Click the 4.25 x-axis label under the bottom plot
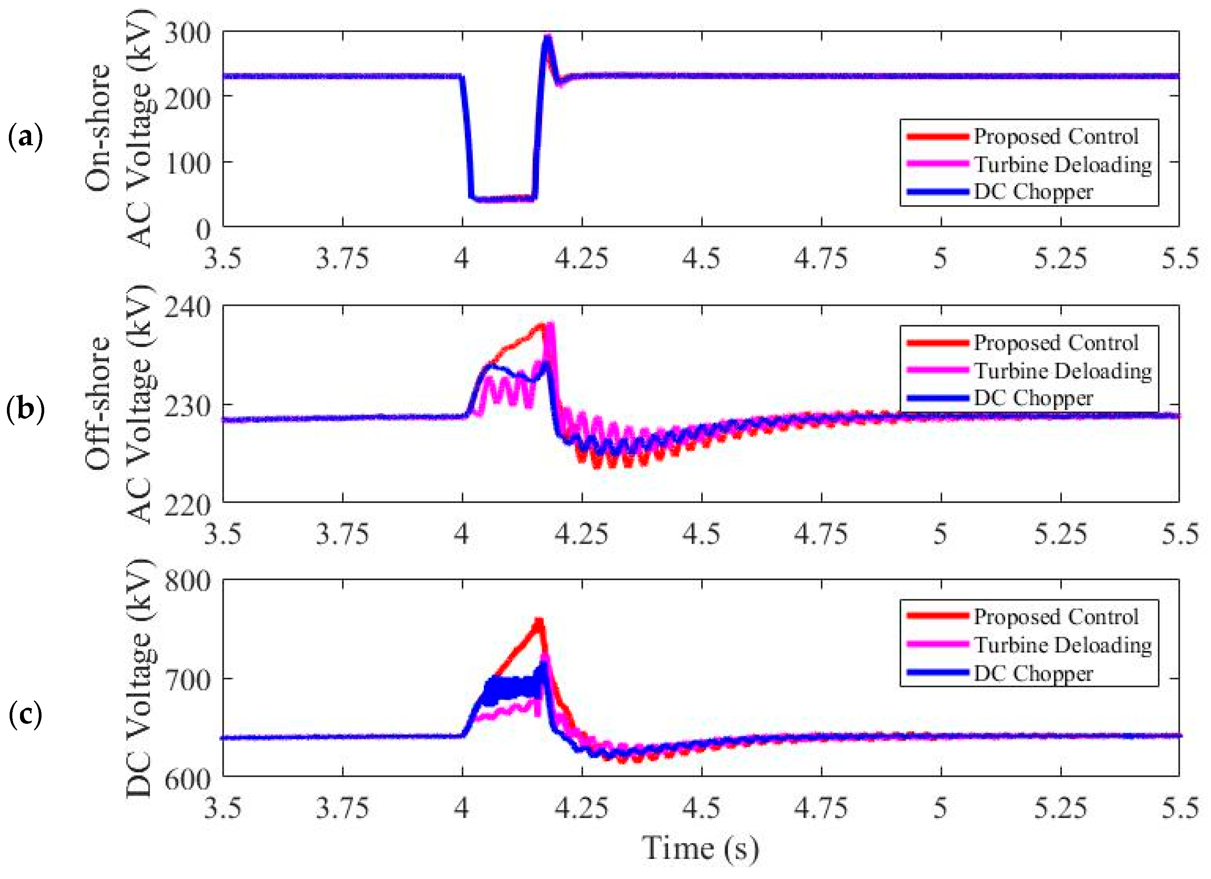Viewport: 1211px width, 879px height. point(581,808)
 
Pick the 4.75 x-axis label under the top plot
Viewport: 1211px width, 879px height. point(821,259)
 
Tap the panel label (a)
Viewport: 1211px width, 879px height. point(25,137)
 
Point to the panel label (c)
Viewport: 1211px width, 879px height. point(25,714)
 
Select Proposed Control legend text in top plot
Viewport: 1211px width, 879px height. point(1056,137)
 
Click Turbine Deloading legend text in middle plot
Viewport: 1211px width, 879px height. point(1063,371)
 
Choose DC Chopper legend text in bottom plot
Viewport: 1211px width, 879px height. point(1033,673)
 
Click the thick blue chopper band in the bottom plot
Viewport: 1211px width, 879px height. point(507,688)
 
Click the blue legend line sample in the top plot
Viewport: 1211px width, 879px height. point(938,192)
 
